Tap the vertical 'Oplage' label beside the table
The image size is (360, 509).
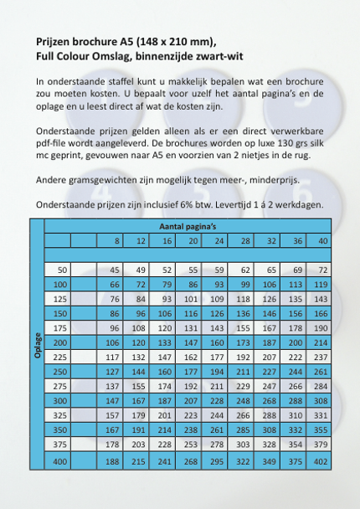pyautogui.click(x=38, y=343)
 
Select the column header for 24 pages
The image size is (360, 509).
pyautogui.click(x=218, y=241)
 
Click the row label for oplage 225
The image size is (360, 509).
pyautogui.click(x=59, y=357)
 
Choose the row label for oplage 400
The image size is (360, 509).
pyautogui.click(x=59, y=460)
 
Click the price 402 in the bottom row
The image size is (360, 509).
pyautogui.click(x=320, y=460)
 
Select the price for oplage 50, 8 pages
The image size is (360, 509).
pyautogui.click(x=114, y=270)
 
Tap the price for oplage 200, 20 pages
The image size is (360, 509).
pyautogui.click(x=190, y=342)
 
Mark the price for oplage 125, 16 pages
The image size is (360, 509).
pyautogui.click(x=166, y=299)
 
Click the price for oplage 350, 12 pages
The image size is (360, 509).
pyautogui.click(x=139, y=430)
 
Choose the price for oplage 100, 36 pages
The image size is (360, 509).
pyautogui.click(x=294, y=285)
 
